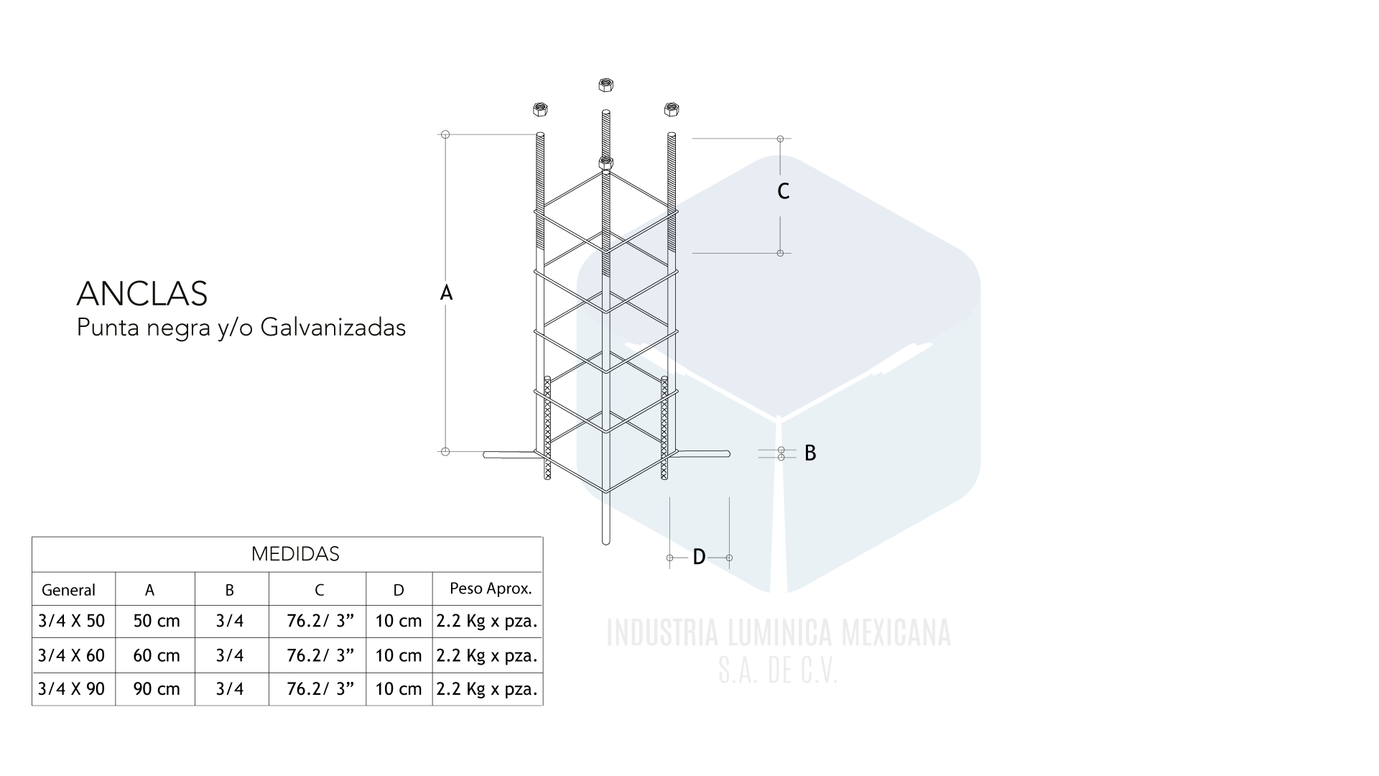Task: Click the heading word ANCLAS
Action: click(142, 293)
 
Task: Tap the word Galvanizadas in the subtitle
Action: click(333, 328)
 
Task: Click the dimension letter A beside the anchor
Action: click(446, 293)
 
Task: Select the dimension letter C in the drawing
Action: click(784, 191)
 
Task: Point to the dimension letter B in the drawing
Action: click(810, 453)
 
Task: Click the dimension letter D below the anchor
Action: click(699, 557)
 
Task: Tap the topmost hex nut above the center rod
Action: click(605, 85)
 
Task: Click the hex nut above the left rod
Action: click(540, 110)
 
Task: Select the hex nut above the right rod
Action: click(672, 109)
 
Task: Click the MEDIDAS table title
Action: click(295, 554)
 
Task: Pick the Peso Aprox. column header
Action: click(491, 588)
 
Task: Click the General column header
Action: click(68, 590)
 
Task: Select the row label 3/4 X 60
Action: click(71, 655)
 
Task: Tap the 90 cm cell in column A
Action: click(157, 689)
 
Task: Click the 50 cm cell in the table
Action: click(157, 621)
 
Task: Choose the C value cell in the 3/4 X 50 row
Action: click(320, 621)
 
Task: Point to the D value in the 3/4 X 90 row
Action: click(399, 689)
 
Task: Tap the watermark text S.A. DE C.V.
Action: click(779, 671)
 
